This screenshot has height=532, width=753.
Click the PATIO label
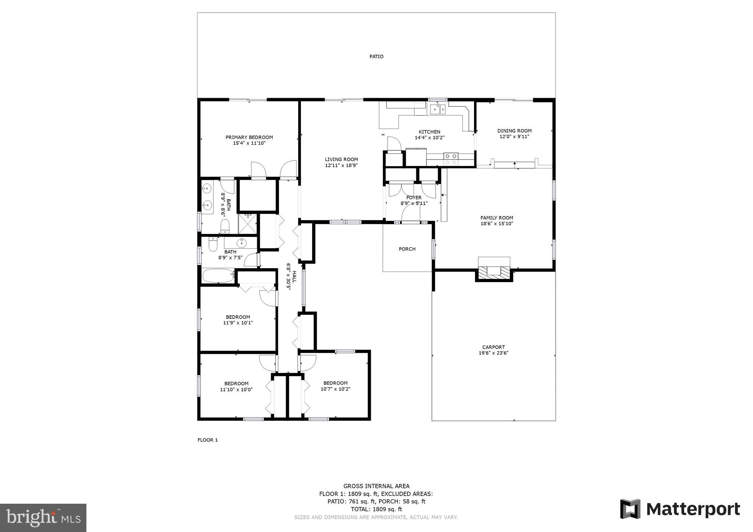point(376,57)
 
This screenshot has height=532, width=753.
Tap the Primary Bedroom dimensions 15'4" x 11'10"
point(249,143)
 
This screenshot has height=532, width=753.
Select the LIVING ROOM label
point(341,159)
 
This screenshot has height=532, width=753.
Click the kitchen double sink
point(438,109)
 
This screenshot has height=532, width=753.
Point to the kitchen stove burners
point(451,159)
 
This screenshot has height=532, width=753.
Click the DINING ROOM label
point(514,131)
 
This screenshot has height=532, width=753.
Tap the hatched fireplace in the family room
point(494,272)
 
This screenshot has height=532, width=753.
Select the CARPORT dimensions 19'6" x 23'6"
point(493,353)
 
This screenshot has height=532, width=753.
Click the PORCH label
point(407,249)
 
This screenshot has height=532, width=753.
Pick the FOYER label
point(414,198)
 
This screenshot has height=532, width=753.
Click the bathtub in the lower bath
point(218,276)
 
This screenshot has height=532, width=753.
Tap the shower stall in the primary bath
point(247,224)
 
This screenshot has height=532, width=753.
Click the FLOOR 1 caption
point(208,440)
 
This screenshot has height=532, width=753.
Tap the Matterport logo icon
point(630,509)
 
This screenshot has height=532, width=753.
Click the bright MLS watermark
point(43,518)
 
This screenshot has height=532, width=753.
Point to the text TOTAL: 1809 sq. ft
point(376,509)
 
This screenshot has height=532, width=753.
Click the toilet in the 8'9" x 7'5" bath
point(213,245)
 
